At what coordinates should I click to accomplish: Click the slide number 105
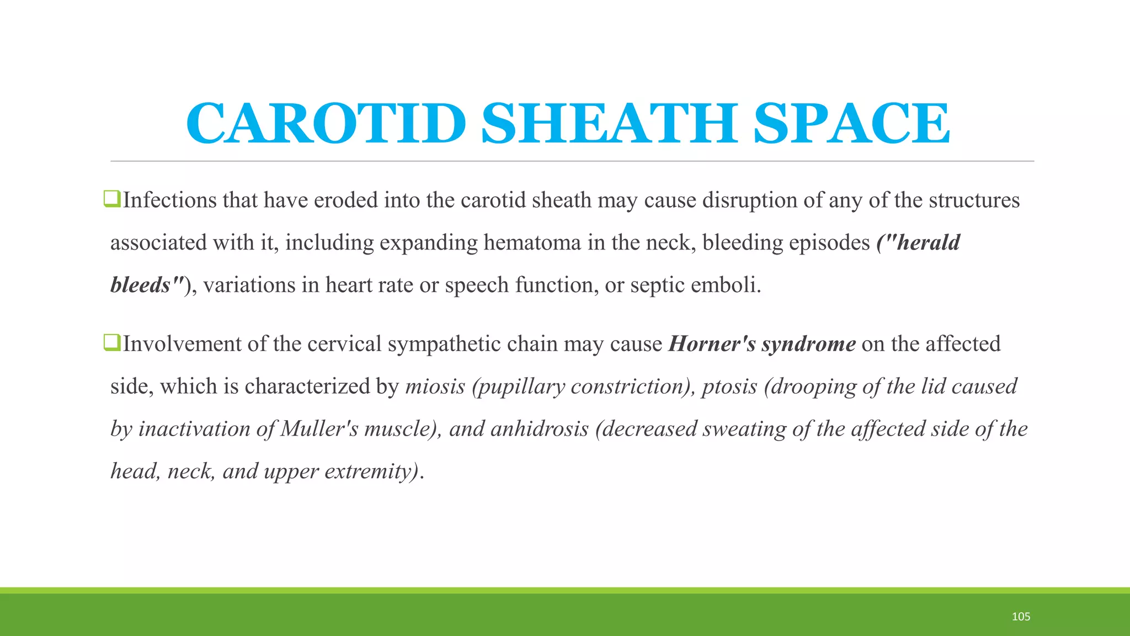tap(1021, 617)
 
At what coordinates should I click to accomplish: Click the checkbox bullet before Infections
tap(112, 199)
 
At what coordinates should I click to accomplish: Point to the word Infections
tap(169, 200)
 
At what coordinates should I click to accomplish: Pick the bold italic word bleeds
tap(140, 285)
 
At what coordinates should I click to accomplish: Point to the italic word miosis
tap(435, 386)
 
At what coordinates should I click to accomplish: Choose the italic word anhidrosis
tap(539, 429)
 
